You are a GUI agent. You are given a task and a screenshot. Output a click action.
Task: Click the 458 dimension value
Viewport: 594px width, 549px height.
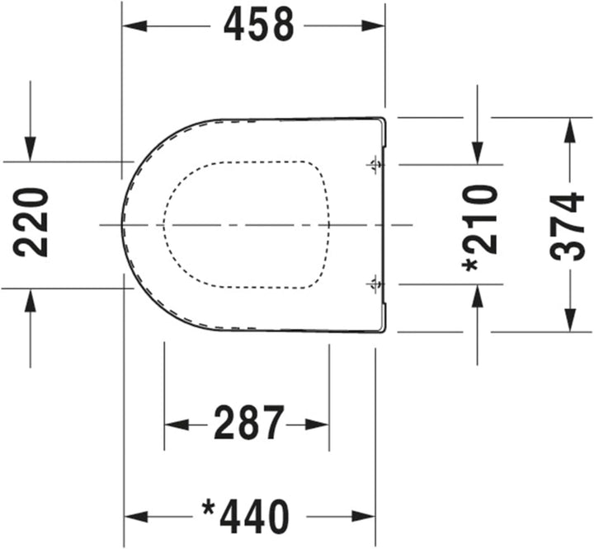click(x=259, y=25)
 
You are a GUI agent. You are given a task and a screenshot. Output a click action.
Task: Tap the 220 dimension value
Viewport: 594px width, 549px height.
click(x=31, y=223)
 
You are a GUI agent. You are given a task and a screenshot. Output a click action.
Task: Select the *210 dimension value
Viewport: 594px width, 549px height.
click(x=479, y=228)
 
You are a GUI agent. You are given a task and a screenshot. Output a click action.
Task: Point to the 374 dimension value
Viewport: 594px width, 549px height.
click(x=567, y=227)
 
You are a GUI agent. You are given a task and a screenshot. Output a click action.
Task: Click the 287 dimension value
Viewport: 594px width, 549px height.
click(x=249, y=423)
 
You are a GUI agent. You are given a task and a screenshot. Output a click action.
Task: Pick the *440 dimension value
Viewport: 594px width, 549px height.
click(x=246, y=516)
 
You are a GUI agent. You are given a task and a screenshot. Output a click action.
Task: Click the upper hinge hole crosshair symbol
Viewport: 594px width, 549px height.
click(x=375, y=165)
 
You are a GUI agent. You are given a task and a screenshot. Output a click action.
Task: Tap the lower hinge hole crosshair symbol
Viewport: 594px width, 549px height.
click(x=375, y=284)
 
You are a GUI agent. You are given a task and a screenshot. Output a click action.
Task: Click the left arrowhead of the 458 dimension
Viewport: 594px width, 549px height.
click(x=134, y=26)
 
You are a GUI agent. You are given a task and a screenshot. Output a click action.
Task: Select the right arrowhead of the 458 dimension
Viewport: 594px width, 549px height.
click(x=373, y=26)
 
